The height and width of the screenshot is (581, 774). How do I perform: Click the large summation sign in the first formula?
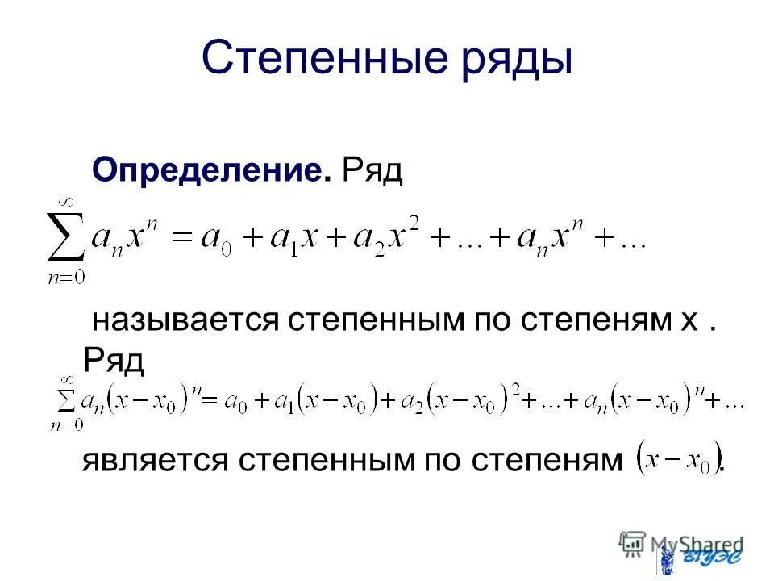click(66, 240)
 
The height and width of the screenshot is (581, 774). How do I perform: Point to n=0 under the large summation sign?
click(66, 277)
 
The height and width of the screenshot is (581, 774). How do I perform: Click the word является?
click(153, 462)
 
